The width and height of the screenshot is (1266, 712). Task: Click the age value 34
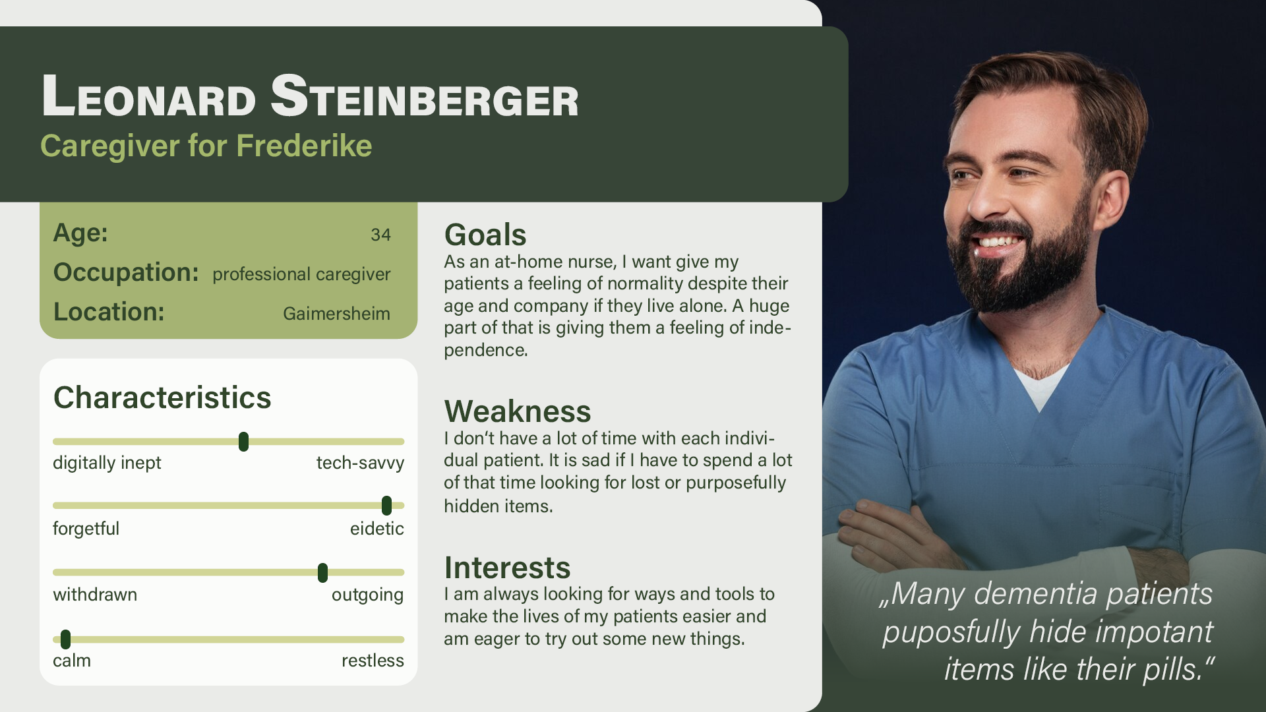point(380,235)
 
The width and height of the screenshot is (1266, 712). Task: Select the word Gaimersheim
point(336,313)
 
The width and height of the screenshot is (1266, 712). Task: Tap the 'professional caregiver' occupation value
point(301,274)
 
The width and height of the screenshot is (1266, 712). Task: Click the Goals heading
point(485,235)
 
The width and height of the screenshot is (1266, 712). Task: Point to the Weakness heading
point(518,411)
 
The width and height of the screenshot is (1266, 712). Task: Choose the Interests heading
point(507,568)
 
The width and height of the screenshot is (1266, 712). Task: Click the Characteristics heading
point(162,398)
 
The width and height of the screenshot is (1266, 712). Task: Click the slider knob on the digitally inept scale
point(243,442)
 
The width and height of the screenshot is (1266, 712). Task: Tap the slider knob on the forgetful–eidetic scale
point(386,506)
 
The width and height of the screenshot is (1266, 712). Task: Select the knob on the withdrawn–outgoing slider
point(322,573)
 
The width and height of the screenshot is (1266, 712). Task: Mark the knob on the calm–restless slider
point(65,639)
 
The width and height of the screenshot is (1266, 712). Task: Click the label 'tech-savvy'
point(360,463)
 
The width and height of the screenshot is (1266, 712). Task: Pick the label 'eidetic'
point(377,529)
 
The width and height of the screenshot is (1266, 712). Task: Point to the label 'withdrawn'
point(95,595)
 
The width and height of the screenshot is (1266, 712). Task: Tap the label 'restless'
point(373,661)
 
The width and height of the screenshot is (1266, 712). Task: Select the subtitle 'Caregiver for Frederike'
point(206,146)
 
